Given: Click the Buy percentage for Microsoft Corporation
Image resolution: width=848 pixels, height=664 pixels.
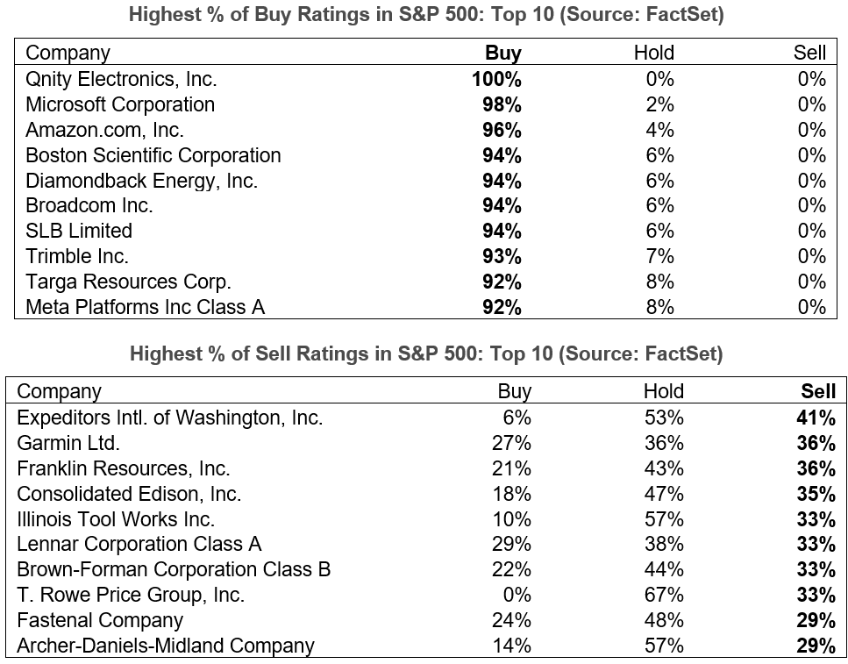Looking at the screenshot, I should (x=502, y=104).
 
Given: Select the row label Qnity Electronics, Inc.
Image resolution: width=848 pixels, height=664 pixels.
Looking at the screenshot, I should (x=121, y=79).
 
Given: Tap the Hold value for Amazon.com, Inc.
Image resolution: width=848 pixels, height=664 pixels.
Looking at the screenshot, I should (x=659, y=130).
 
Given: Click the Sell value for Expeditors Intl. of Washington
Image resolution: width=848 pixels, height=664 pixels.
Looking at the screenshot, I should (x=816, y=418).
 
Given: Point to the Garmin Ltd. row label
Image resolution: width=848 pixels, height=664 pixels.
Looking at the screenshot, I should (x=68, y=443).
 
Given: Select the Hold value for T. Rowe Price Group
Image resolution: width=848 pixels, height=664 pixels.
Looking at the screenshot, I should (x=663, y=595).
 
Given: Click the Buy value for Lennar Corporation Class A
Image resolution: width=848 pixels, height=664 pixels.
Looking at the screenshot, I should (x=513, y=545).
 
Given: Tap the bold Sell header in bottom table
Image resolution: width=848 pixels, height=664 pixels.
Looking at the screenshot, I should (x=818, y=391).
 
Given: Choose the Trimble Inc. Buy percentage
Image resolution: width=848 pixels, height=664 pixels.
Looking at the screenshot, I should (x=502, y=256).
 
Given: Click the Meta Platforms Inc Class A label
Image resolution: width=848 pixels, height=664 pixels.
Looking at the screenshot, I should (x=146, y=307).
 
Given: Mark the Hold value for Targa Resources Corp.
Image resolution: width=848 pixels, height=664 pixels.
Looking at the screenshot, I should (x=659, y=282).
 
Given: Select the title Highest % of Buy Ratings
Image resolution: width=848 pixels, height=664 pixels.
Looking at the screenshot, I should (x=426, y=16).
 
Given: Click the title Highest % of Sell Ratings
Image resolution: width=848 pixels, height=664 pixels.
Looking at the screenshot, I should (x=426, y=354).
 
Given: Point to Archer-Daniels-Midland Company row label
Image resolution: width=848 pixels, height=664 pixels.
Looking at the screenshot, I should (x=166, y=646).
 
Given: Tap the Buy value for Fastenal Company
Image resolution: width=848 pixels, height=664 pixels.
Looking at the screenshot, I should (x=513, y=620).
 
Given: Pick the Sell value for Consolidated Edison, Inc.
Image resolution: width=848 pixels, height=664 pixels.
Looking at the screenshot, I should (x=816, y=494).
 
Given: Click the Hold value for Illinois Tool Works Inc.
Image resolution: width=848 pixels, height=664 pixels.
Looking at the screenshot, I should (x=663, y=519).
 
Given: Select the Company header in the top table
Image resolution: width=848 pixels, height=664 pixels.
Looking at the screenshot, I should (x=68, y=54).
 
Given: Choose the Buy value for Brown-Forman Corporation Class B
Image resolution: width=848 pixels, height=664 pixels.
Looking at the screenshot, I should (x=513, y=570).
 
